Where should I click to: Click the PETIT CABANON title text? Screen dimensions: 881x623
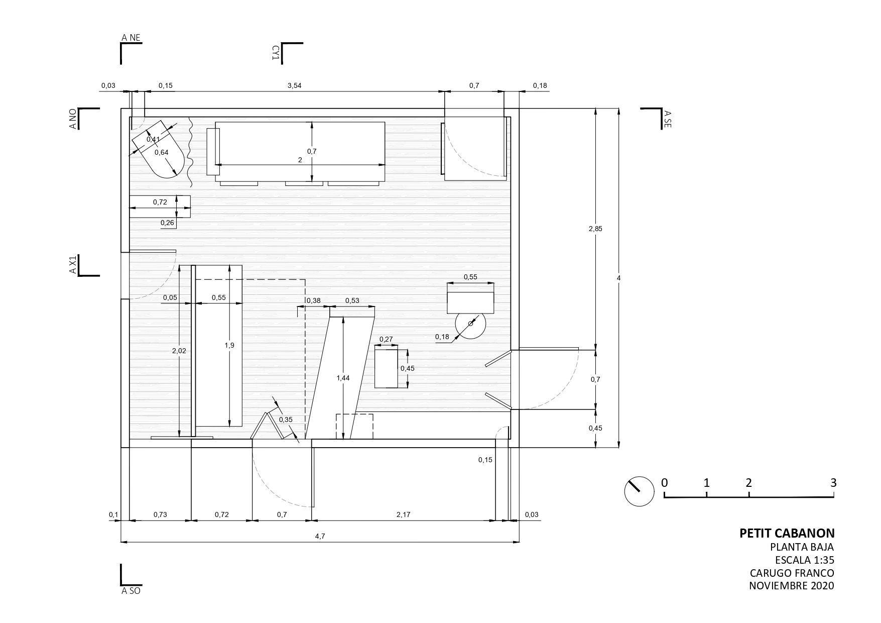[787, 533]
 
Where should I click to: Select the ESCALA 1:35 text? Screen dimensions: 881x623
[805, 560]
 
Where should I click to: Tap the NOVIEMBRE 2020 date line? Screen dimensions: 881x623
[792, 586]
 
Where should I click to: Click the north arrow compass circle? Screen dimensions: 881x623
[639, 491]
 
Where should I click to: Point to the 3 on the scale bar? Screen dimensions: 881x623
[833, 483]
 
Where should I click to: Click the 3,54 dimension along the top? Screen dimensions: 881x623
[295, 85]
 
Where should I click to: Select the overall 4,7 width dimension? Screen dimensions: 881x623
[320, 536]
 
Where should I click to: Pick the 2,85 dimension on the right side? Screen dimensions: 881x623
[595, 229]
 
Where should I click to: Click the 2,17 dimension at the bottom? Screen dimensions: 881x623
[404, 514]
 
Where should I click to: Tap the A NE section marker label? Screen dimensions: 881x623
[131, 37]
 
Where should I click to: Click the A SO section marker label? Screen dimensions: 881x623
[131, 591]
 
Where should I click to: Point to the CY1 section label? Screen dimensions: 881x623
[276, 53]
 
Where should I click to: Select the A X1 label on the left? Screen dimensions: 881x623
[73, 265]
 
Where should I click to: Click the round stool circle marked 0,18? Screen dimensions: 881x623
[470, 324]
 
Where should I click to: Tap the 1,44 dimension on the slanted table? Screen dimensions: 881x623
[343, 378]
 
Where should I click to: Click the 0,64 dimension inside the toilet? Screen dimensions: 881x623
[162, 152]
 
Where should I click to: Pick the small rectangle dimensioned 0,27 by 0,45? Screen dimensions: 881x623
[387, 368]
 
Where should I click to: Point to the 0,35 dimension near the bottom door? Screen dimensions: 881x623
[286, 420]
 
